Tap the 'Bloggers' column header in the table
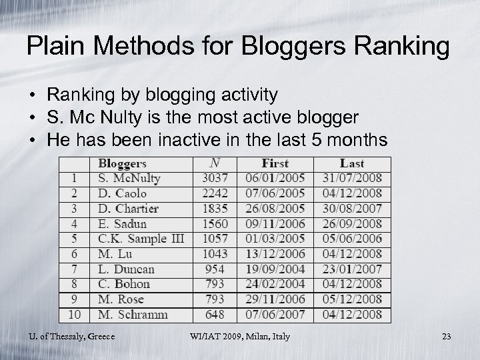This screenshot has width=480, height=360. pos(122,163)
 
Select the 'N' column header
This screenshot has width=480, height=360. pos(215,163)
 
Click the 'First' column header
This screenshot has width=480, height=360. pos(275,163)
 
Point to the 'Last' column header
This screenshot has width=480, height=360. pos(351,163)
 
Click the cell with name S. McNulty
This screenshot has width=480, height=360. pos(129,179)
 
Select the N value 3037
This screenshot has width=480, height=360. pos(215,179)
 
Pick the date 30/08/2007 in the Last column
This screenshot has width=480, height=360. pos(351,209)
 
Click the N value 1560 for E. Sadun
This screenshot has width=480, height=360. pos(215,224)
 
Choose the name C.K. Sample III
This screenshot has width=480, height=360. pos(141,239)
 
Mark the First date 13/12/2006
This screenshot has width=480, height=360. pos(275,254)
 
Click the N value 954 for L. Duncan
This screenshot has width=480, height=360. pos(215,269)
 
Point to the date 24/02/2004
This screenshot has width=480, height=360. pos(275,284)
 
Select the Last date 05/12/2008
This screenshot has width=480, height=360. pos(351,299)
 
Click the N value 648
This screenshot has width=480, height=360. pos(215,315)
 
